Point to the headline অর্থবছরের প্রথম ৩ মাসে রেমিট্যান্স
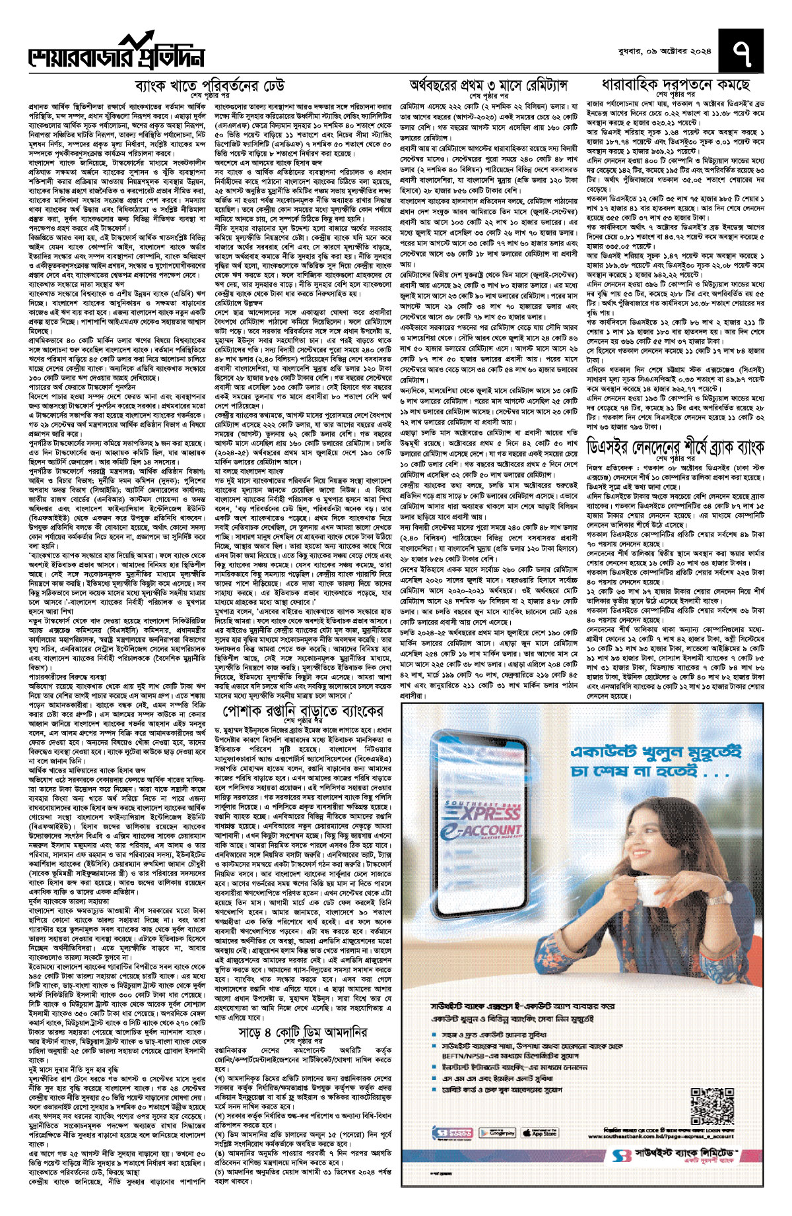[488, 85]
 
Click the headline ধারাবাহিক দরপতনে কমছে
[675, 85]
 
